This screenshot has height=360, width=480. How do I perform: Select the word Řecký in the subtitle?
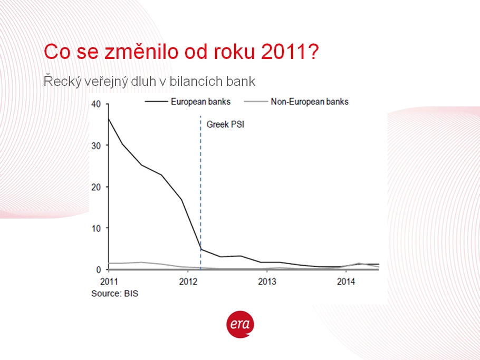[x=62, y=81]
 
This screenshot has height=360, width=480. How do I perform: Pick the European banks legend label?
[x=200, y=102]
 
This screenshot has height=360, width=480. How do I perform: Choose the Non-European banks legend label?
[x=310, y=102]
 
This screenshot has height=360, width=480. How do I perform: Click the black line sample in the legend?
[x=157, y=102]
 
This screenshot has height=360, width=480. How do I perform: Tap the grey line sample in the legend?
[x=256, y=102]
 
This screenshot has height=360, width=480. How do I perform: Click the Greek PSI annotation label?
[x=225, y=124]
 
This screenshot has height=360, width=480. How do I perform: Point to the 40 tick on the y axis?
[x=96, y=104]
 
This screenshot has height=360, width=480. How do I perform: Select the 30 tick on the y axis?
[x=96, y=145]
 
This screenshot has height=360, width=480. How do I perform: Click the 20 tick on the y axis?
[x=96, y=187]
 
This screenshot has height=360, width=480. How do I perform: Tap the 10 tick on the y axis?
[x=96, y=228]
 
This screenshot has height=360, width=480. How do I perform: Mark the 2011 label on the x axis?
[x=109, y=281]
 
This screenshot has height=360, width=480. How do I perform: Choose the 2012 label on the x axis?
[x=188, y=281]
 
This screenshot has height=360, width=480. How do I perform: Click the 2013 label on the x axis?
[x=267, y=281]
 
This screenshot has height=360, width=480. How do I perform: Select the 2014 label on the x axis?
[x=346, y=281]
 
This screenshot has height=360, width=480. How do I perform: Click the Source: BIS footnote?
[x=115, y=294]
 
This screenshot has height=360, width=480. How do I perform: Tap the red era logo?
[x=240, y=325]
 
